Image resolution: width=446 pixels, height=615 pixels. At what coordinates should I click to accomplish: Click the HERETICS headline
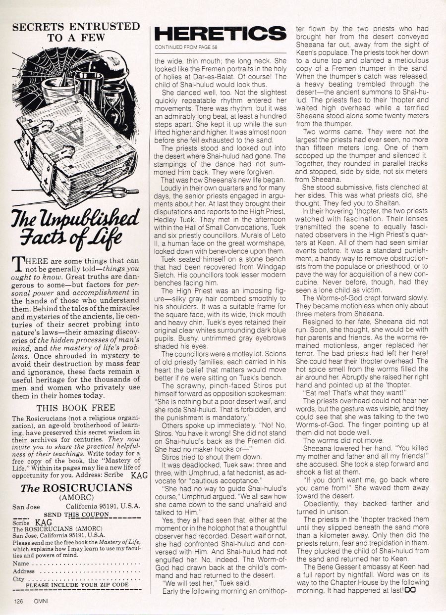221,34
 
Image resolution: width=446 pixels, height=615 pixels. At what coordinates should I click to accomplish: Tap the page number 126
19,602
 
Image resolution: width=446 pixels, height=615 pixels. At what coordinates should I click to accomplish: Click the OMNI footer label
41,602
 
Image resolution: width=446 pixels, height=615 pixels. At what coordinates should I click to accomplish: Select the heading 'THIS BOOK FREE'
76,408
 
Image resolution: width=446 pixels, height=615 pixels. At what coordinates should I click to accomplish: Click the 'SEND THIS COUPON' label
76,515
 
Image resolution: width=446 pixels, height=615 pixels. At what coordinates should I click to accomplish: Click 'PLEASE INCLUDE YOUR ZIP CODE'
77,585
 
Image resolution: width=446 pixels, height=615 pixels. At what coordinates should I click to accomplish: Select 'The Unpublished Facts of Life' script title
75,229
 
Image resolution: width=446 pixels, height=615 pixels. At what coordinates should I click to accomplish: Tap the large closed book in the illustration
74,143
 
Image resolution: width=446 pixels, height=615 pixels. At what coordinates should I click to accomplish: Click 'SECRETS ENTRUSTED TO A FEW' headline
76,31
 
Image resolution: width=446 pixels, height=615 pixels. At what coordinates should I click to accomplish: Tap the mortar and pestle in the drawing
59,84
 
